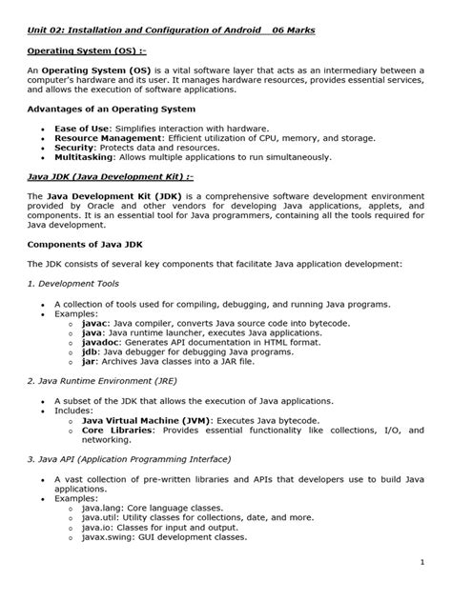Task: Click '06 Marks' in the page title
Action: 287,30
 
